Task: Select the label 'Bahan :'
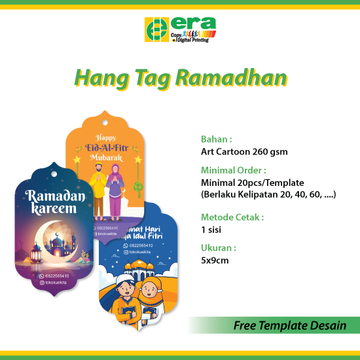pyautogui.click(x=216, y=139)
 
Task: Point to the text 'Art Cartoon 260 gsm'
pyautogui.click(x=244, y=152)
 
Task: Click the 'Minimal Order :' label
pyautogui.click(x=233, y=170)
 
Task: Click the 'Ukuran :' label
pyautogui.click(x=219, y=248)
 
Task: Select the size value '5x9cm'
pyautogui.click(x=215, y=261)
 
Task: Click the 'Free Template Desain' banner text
pyautogui.click(x=290, y=325)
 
